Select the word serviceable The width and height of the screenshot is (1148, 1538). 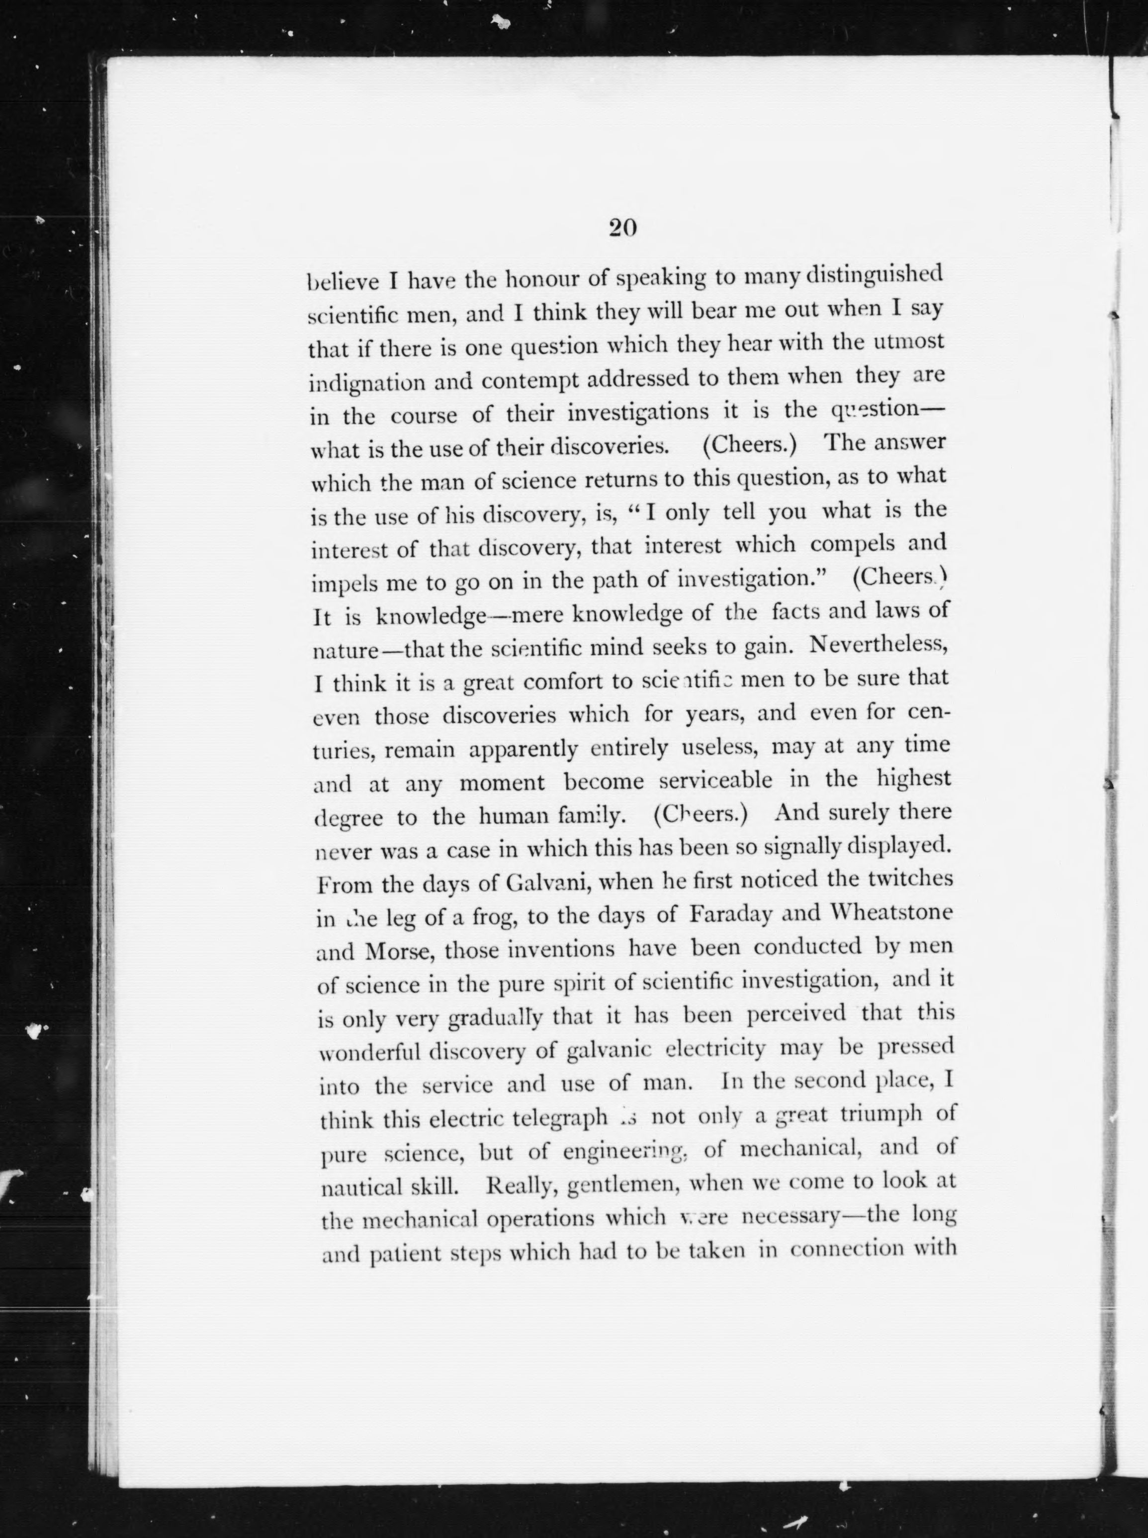(715, 781)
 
